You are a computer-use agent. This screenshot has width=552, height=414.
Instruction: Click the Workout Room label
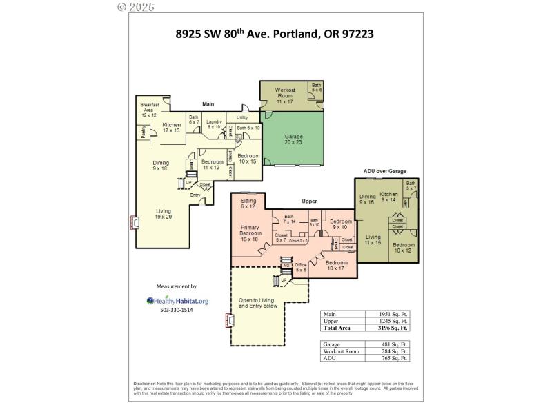[286, 95]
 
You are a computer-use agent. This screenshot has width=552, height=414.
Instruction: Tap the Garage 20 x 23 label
[294, 141]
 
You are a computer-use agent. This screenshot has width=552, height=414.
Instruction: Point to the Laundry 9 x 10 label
[213, 124]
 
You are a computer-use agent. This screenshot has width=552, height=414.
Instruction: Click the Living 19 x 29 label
[164, 214]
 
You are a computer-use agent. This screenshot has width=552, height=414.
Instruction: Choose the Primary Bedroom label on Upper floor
[250, 233]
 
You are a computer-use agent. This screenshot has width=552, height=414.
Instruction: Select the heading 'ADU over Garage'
[384, 170]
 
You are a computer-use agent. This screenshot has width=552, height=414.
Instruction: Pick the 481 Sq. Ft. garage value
[394, 344]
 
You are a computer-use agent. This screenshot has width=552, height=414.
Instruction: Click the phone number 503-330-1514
[177, 310]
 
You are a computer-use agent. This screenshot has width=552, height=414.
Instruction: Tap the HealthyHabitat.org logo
[177, 300]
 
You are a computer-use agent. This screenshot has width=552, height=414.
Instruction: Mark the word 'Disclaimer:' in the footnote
[146, 384]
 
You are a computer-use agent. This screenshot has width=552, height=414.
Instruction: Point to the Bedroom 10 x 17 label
[336, 266]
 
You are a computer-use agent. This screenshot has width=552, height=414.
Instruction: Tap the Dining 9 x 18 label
[160, 166]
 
